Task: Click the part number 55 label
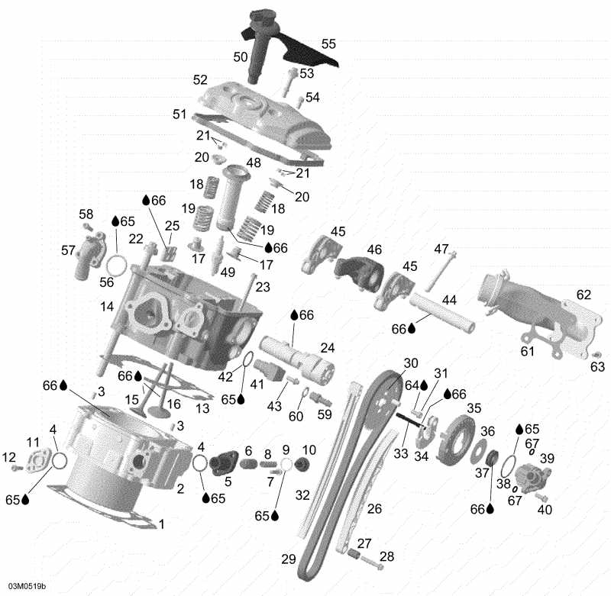pos(328,44)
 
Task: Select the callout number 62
pos(584,295)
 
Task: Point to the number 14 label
pos(106,305)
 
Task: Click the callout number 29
pos(288,559)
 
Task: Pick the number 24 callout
pos(327,348)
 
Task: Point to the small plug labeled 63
pos(595,355)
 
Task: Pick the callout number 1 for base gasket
pos(160,524)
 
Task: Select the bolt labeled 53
pos(289,81)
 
